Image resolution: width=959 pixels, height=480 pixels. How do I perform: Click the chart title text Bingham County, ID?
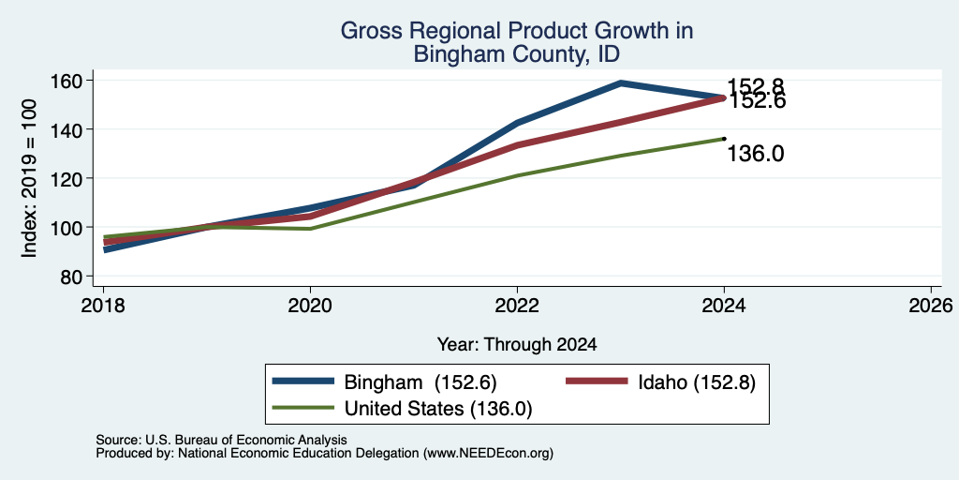pos(517,53)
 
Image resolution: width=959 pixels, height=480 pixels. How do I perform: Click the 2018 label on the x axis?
pos(103,305)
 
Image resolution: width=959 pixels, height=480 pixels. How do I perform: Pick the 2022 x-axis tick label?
pos(517,305)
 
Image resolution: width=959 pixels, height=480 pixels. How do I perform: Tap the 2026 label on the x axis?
pos(931,305)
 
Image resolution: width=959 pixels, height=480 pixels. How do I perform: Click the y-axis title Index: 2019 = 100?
pos(29,177)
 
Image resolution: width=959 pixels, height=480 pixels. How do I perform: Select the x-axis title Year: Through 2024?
pos(517,345)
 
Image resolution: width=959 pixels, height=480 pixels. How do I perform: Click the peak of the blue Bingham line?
pos(621,82)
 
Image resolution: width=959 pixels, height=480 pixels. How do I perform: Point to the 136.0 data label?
pos(756,154)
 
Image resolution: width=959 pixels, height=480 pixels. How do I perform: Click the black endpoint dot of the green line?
pos(724,139)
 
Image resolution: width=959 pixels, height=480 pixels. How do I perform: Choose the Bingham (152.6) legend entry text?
pos(420,382)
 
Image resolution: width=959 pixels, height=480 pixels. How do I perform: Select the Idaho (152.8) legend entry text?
pos(697,382)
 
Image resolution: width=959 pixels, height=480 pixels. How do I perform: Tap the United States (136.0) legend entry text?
pos(438,409)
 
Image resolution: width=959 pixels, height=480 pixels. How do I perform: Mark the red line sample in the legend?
pos(598,382)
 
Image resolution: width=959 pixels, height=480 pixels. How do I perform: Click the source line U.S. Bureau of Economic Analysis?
pos(221,440)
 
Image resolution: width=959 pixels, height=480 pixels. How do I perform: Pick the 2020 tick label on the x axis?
pos(311,305)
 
